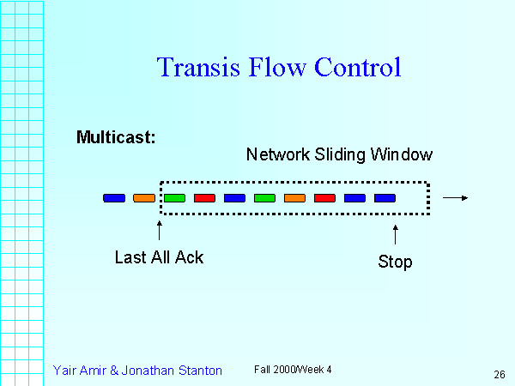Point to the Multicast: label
click(x=115, y=137)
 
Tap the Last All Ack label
click(x=159, y=256)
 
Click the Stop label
click(x=395, y=262)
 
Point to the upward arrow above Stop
click(x=396, y=234)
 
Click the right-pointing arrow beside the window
click(x=455, y=198)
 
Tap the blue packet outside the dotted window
click(x=114, y=198)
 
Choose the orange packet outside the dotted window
click(x=144, y=198)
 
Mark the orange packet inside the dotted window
click(x=294, y=198)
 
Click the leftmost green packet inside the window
click(x=174, y=198)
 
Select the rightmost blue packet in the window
click(x=385, y=198)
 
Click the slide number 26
click(x=499, y=374)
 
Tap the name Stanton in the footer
click(x=197, y=371)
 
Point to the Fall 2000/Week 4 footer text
click(x=292, y=369)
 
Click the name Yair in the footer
click(x=65, y=371)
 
